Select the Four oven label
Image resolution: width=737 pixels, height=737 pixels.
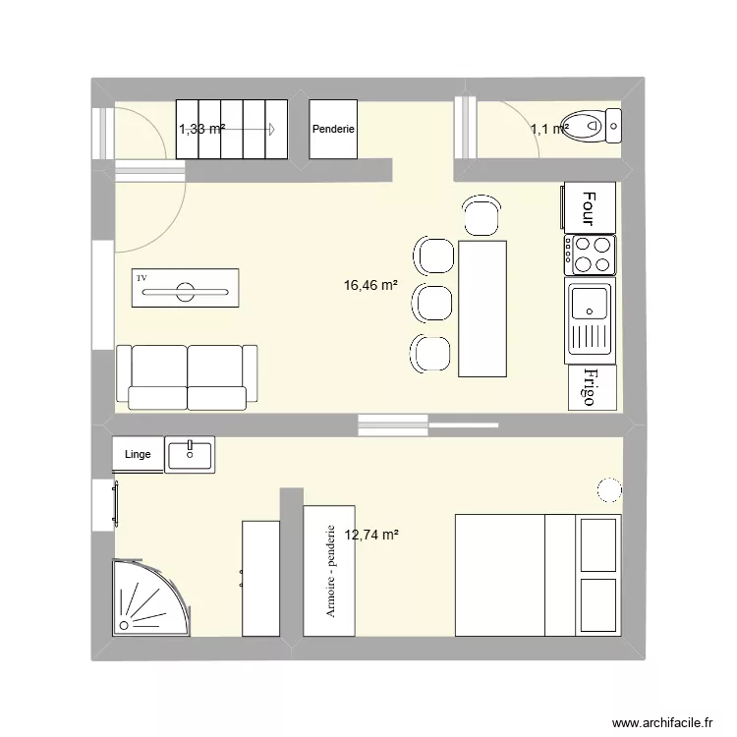pyautogui.click(x=589, y=207)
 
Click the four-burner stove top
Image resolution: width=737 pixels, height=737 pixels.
pyautogui.click(x=590, y=255)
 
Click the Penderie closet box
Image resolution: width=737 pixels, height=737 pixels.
pyautogui.click(x=334, y=129)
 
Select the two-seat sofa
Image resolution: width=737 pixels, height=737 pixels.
pyautogui.click(x=187, y=376)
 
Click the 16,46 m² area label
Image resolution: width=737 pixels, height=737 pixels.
pyautogui.click(x=370, y=286)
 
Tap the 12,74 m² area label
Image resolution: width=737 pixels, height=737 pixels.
pyautogui.click(x=370, y=535)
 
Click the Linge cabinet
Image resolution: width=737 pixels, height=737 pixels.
pyautogui.click(x=138, y=454)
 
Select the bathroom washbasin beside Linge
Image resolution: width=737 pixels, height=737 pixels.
pyautogui.click(x=190, y=454)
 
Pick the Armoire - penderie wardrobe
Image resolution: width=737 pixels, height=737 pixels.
pyautogui.click(x=328, y=570)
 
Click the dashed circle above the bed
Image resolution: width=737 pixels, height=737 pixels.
pyautogui.click(x=608, y=489)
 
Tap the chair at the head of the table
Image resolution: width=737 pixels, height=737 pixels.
pyautogui.click(x=482, y=216)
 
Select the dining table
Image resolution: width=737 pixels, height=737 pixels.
pyautogui.click(x=482, y=308)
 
